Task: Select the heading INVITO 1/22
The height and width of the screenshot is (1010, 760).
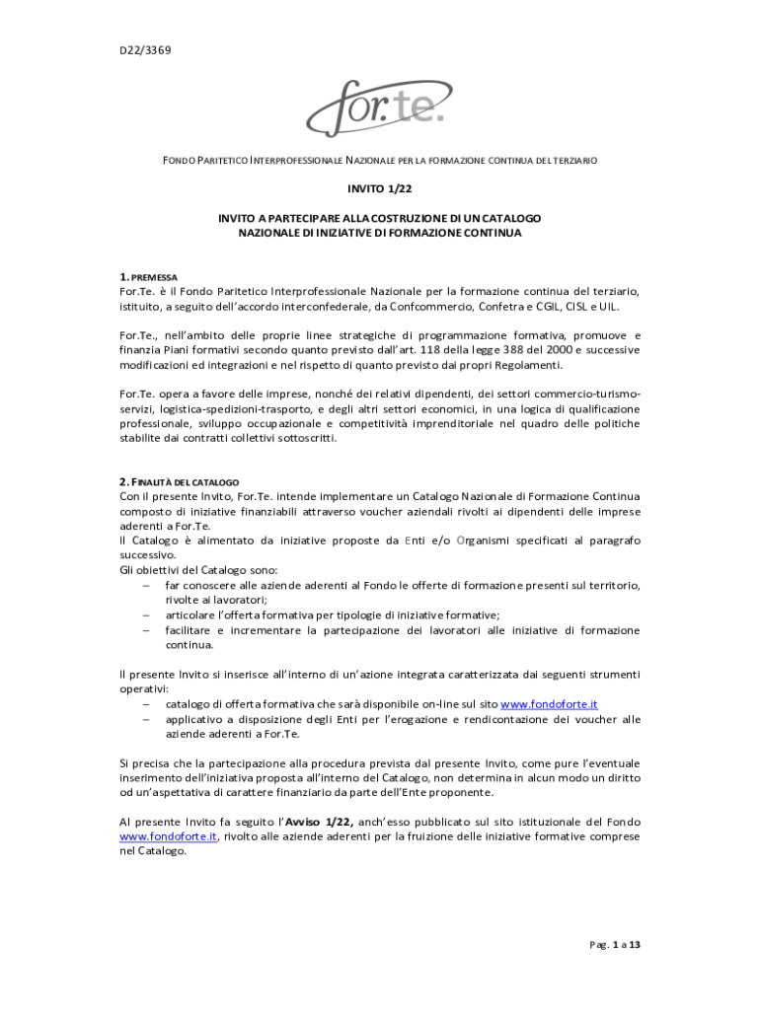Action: [x=379, y=188]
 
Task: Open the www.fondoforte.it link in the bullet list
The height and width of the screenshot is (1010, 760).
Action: [x=549, y=704]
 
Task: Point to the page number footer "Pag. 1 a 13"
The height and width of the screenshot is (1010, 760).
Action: [x=616, y=945]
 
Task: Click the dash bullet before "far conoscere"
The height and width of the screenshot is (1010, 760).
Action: [x=145, y=585]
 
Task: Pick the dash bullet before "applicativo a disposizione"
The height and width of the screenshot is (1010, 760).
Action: [x=145, y=719]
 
